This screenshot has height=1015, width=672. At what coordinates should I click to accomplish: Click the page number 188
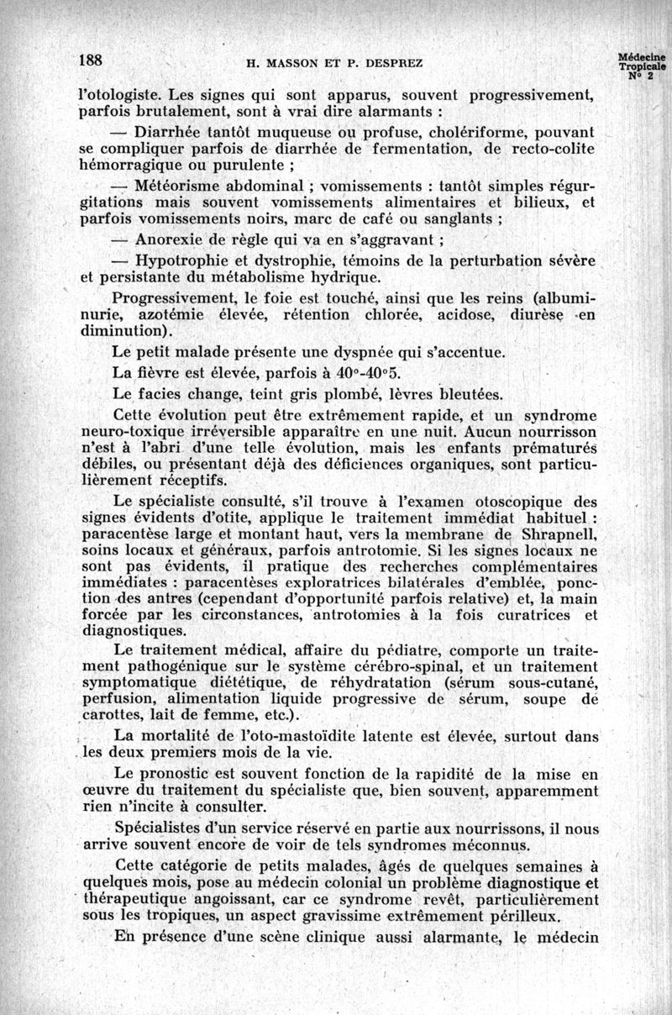tap(91, 61)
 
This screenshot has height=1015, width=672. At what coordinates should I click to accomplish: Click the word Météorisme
tap(182, 186)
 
